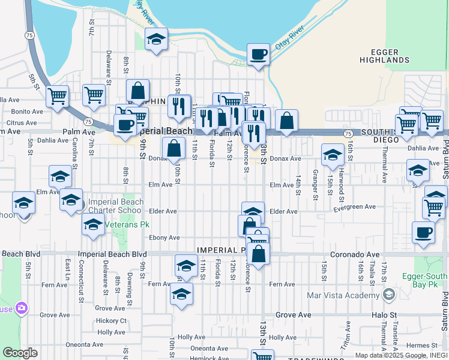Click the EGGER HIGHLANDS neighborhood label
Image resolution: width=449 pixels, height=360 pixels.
tap(384, 56)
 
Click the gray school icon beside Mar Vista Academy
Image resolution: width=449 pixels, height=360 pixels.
tap(389, 294)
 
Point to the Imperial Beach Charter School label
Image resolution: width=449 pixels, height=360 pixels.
tap(116, 206)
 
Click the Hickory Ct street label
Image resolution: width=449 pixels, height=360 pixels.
tap(111, 320)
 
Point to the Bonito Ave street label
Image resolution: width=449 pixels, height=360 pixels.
tap(27, 112)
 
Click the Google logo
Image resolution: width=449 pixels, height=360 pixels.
tap(20, 353)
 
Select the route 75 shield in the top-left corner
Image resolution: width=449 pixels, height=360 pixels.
tap(29, 35)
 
